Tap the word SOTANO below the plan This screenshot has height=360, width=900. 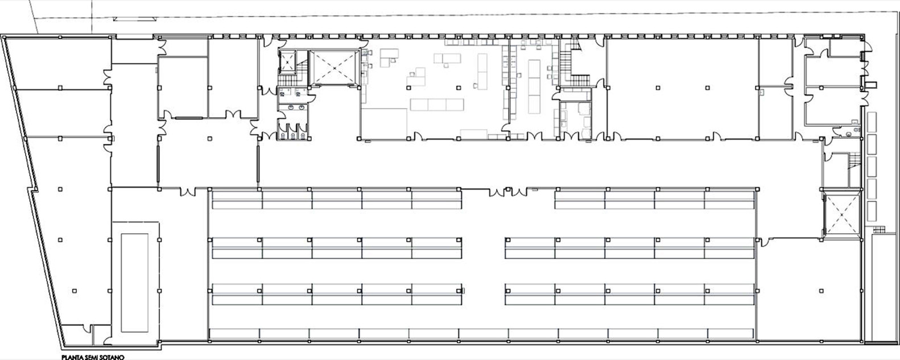coord(113,357)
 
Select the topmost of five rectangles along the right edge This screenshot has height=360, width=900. coord(872,123)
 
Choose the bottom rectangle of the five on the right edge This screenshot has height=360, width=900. coord(872,210)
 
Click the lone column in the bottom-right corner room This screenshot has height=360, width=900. coord(821,290)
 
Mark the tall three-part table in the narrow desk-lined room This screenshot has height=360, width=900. coord(534,86)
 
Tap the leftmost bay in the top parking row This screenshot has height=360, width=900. coord(237,199)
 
